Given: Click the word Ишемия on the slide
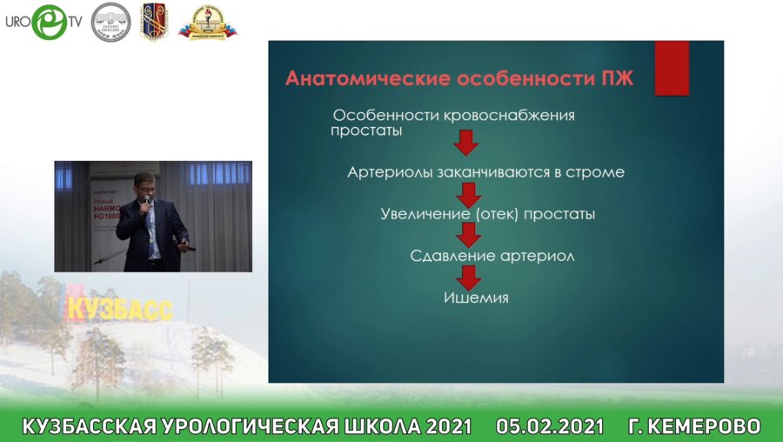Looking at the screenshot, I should click(476, 298).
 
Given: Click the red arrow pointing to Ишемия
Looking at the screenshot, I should click(470, 277).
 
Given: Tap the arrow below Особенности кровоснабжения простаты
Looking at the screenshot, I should click(466, 143).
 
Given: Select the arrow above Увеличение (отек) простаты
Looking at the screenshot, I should click(470, 192).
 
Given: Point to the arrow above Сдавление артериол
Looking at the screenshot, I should click(470, 235).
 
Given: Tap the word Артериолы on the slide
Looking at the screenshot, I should click(387, 172).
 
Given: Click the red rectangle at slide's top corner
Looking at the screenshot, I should click(671, 67).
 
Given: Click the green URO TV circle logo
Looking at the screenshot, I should click(49, 22).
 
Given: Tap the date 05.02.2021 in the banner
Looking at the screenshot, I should click(549, 426).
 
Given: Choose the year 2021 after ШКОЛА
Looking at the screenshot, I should click(445, 426).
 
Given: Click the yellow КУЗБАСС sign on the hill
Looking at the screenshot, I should click(119, 307).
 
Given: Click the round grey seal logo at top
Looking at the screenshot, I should click(111, 21).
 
